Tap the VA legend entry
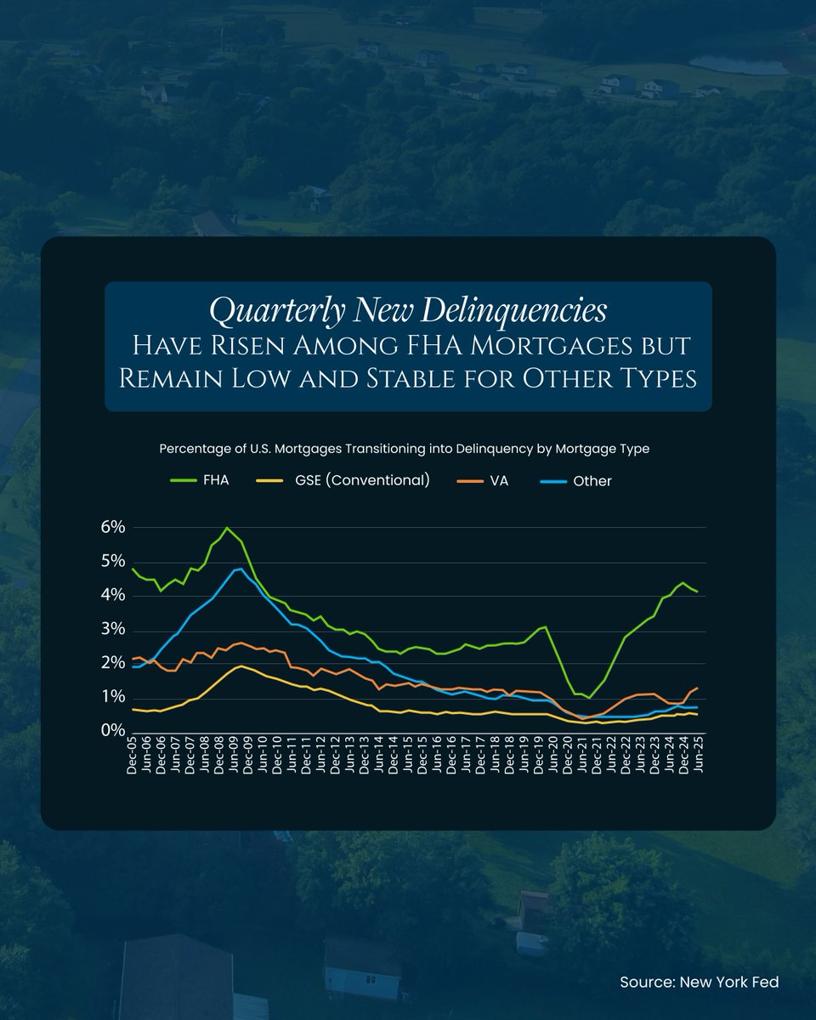(x=499, y=481)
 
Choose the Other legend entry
(x=592, y=481)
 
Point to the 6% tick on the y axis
(x=112, y=527)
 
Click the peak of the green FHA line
(x=226, y=528)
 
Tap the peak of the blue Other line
(x=241, y=569)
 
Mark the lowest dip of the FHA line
(x=589, y=698)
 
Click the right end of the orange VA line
(x=698, y=688)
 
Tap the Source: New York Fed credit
(x=699, y=982)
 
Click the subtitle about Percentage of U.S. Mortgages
(x=404, y=449)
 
